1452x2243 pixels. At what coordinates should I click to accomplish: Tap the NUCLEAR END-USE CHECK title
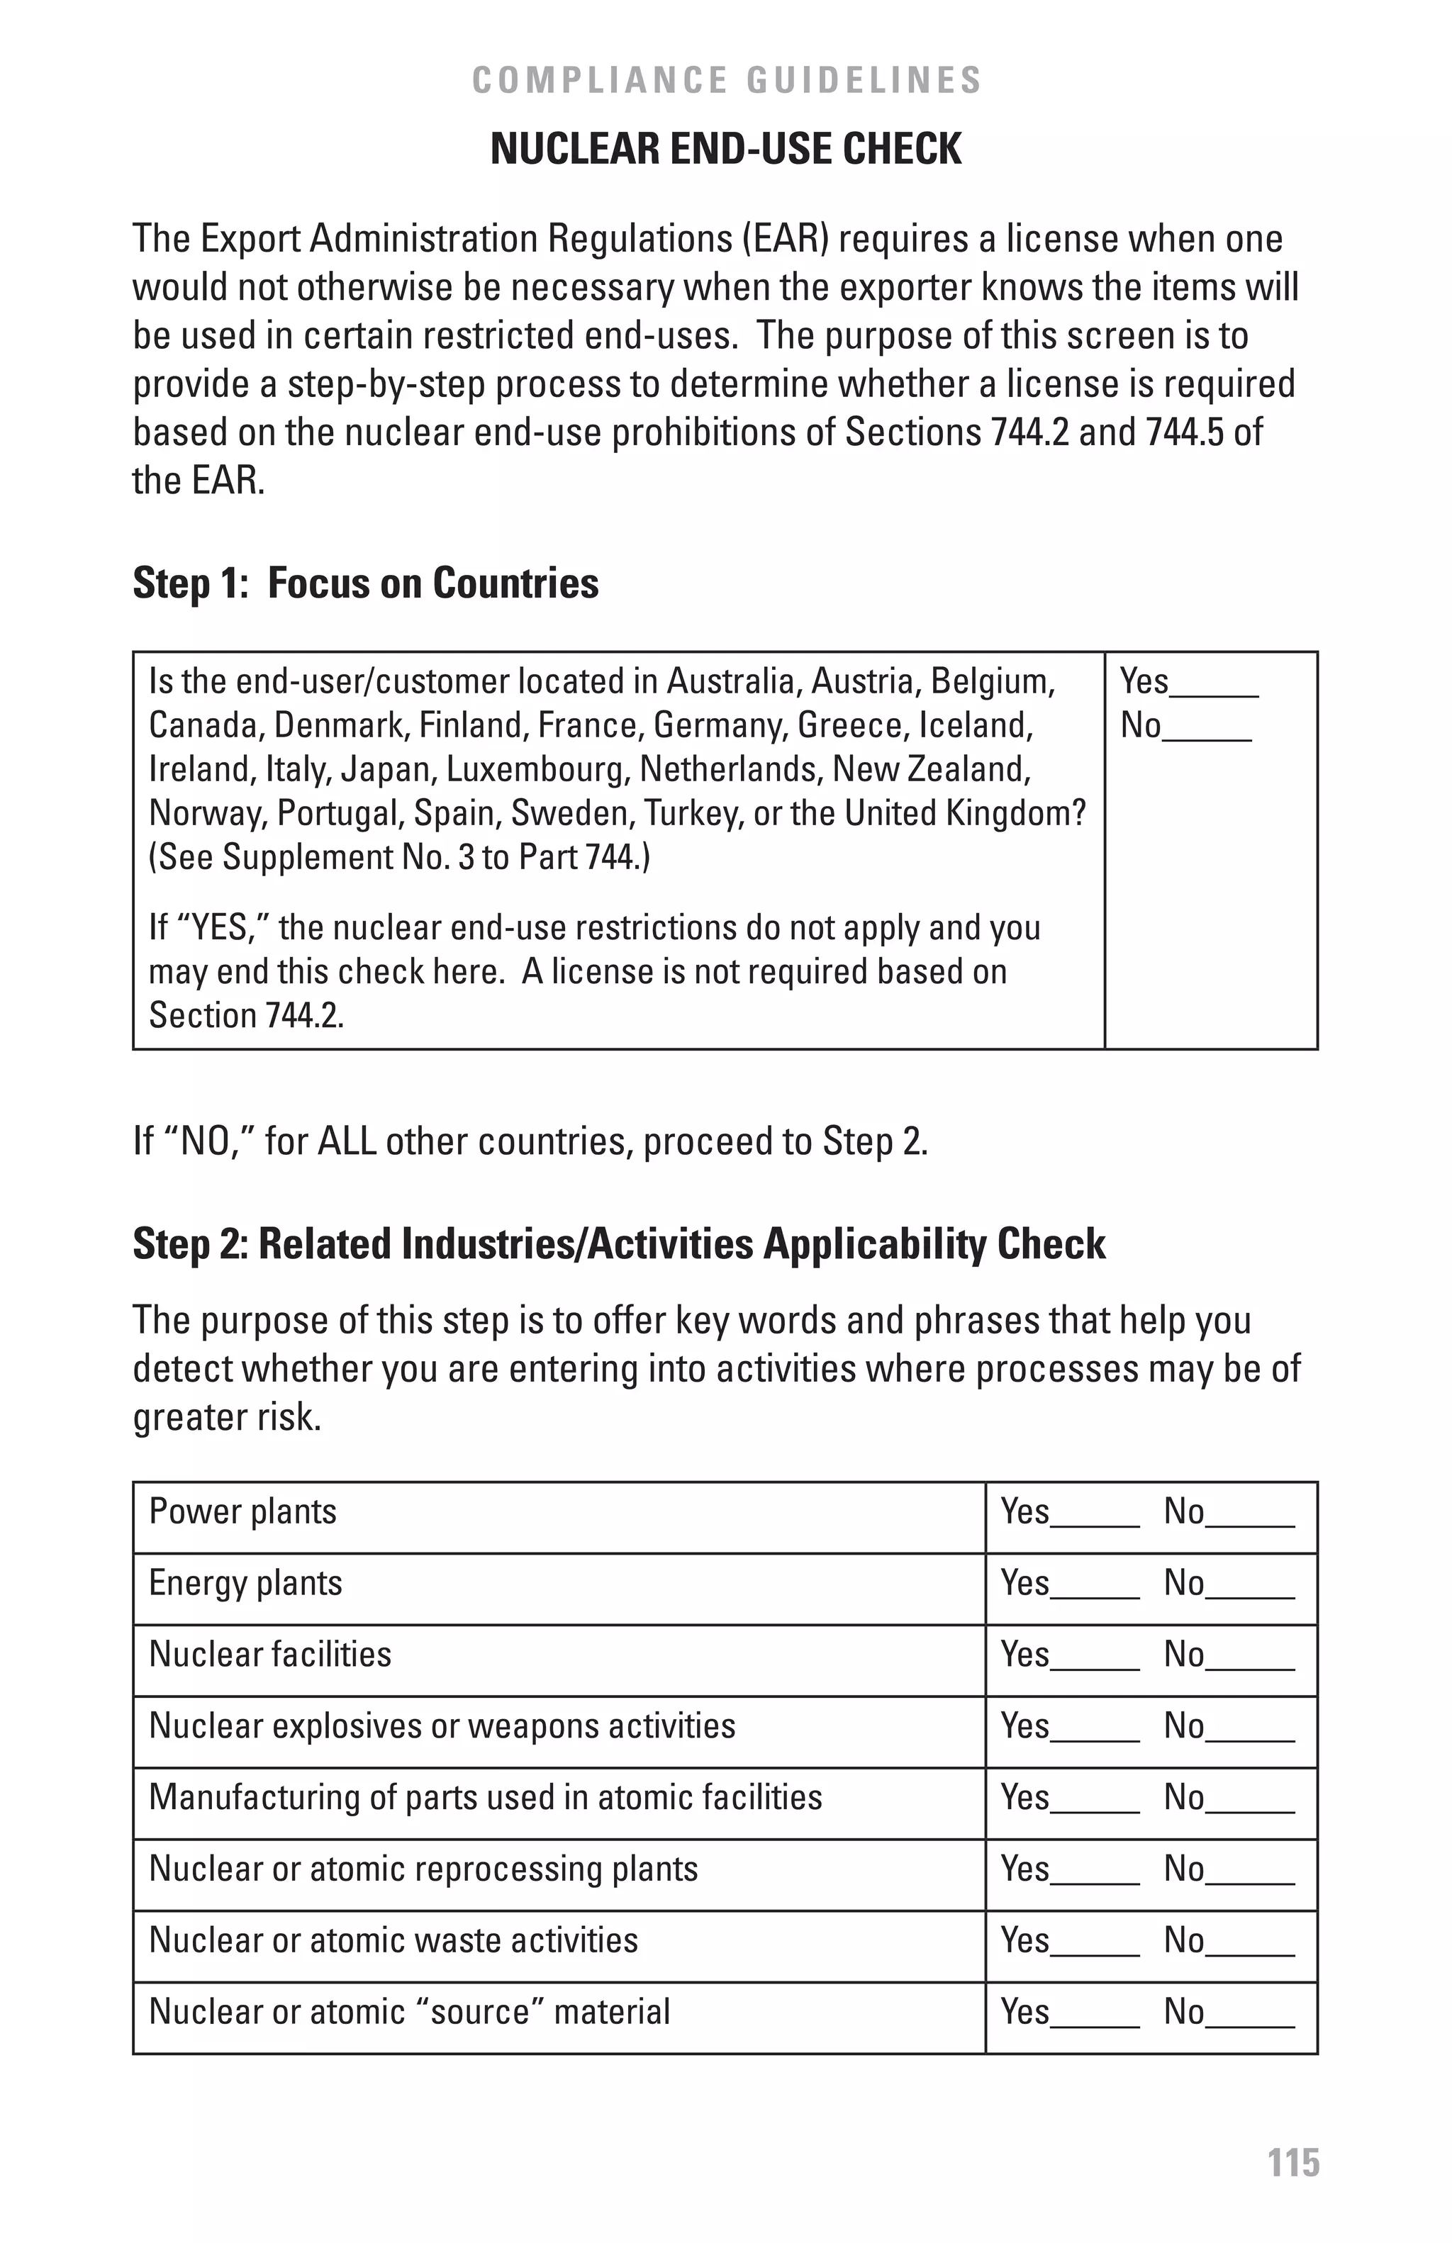725,149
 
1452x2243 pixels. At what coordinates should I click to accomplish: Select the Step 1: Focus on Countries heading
366,583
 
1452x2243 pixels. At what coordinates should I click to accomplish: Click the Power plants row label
242,1511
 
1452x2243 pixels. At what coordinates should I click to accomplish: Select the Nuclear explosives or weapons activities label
442,1725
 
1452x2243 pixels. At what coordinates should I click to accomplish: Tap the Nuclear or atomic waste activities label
393,1940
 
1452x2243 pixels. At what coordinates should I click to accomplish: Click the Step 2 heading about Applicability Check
618,1244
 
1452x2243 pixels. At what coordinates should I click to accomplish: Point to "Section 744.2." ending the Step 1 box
246,1015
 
